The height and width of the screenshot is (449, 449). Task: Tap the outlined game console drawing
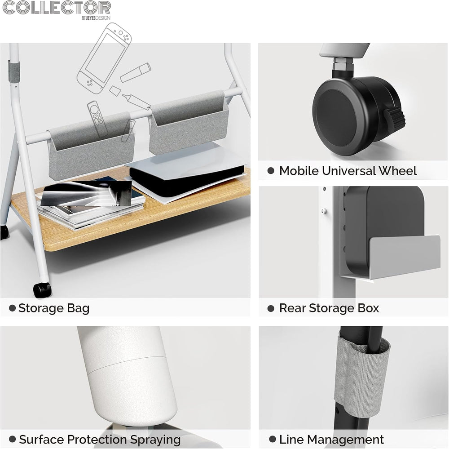click(104, 58)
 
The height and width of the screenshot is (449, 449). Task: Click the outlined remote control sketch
click(97, 119)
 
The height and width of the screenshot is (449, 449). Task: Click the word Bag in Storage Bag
click(78, 309)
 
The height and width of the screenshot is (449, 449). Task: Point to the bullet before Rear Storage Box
click(271, 308)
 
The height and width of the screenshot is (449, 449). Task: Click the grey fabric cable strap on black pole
click(361, 376)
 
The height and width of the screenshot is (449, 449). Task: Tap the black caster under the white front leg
click(42, 290)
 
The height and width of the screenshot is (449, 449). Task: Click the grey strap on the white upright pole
click(14, 71)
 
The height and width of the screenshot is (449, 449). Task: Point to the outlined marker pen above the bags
click(136, 72)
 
